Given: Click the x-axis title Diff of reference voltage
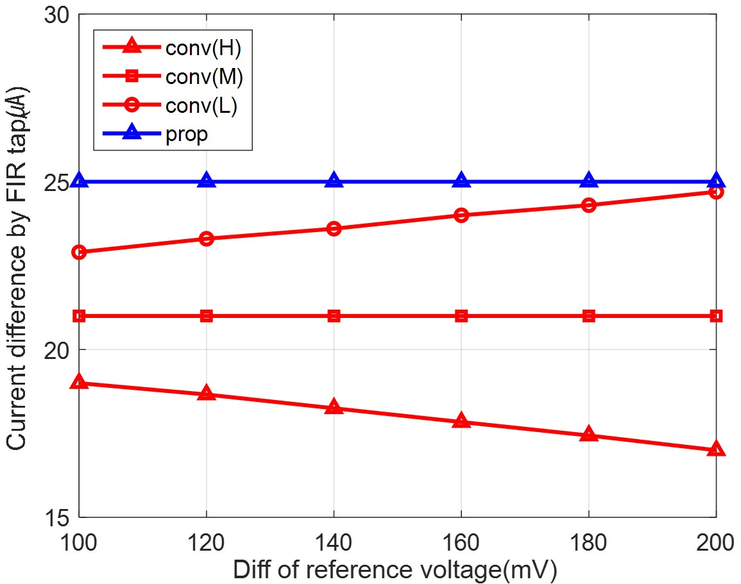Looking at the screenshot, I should click(395, 570).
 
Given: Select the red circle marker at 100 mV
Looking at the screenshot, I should click(79, 252).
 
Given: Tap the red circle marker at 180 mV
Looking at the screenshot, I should click(588, 205).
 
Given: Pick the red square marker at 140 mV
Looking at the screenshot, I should click(334, 315).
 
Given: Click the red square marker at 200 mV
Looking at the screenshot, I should click(716, 315).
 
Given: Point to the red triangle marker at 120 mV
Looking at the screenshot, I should click(207, 394).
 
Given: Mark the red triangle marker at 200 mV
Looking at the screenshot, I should click(716, 449).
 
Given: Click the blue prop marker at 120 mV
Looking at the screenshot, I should click(207, 181).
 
